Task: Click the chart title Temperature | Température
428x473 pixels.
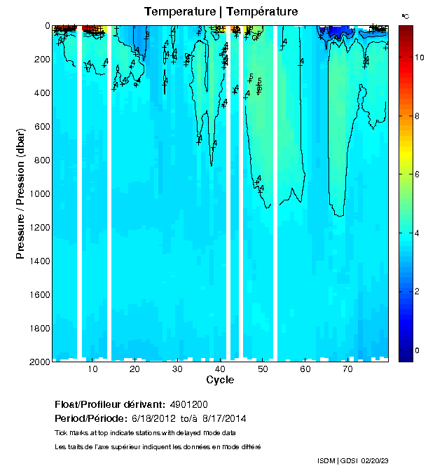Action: (221, 12)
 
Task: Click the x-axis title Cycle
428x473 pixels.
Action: (220, 380)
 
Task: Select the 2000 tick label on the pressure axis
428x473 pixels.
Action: (38, 362)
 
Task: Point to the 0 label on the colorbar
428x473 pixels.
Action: (417, 350)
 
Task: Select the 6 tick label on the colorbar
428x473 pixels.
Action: (417, 172)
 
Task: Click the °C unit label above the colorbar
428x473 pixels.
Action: (406, 15)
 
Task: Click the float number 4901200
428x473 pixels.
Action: (189, 404)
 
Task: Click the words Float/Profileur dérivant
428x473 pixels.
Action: (109, 404)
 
